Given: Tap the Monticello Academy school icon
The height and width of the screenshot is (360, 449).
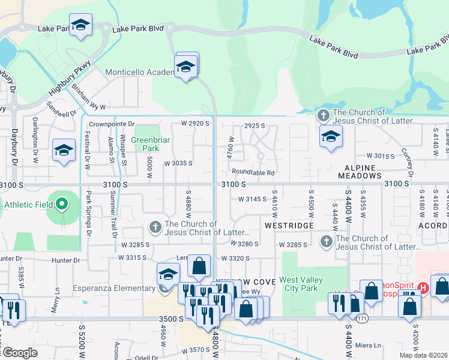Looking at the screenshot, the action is pyautogui.click(x=186, y=66).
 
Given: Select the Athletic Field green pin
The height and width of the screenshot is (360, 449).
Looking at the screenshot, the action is pyautogui.click(x=62, y=205).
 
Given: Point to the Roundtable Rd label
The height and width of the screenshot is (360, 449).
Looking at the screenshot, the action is pyautogui.click(x=253, y=173).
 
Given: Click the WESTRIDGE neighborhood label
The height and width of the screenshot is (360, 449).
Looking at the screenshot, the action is pyautogui.click(x=290, y=225).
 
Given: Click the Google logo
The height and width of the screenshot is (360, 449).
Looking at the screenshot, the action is pyautogui.click(x=19, y=352).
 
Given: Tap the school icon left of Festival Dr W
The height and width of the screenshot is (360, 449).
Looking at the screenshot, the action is pyautogui.click(x=64, y=151).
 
